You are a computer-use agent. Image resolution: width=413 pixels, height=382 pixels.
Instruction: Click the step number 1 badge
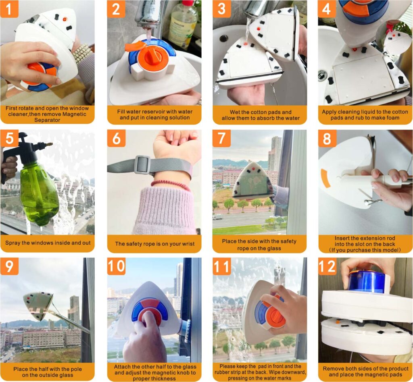point(9,9)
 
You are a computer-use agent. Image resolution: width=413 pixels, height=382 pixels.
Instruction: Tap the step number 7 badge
point(221,138)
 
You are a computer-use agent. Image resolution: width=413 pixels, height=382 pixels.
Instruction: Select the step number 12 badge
point(327,266)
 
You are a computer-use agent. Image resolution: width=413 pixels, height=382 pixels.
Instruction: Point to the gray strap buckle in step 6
point(142,165)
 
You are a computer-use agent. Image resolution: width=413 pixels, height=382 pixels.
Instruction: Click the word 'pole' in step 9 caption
point(76,369)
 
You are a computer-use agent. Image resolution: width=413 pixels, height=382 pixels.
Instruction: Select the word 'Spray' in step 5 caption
point(13,243)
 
